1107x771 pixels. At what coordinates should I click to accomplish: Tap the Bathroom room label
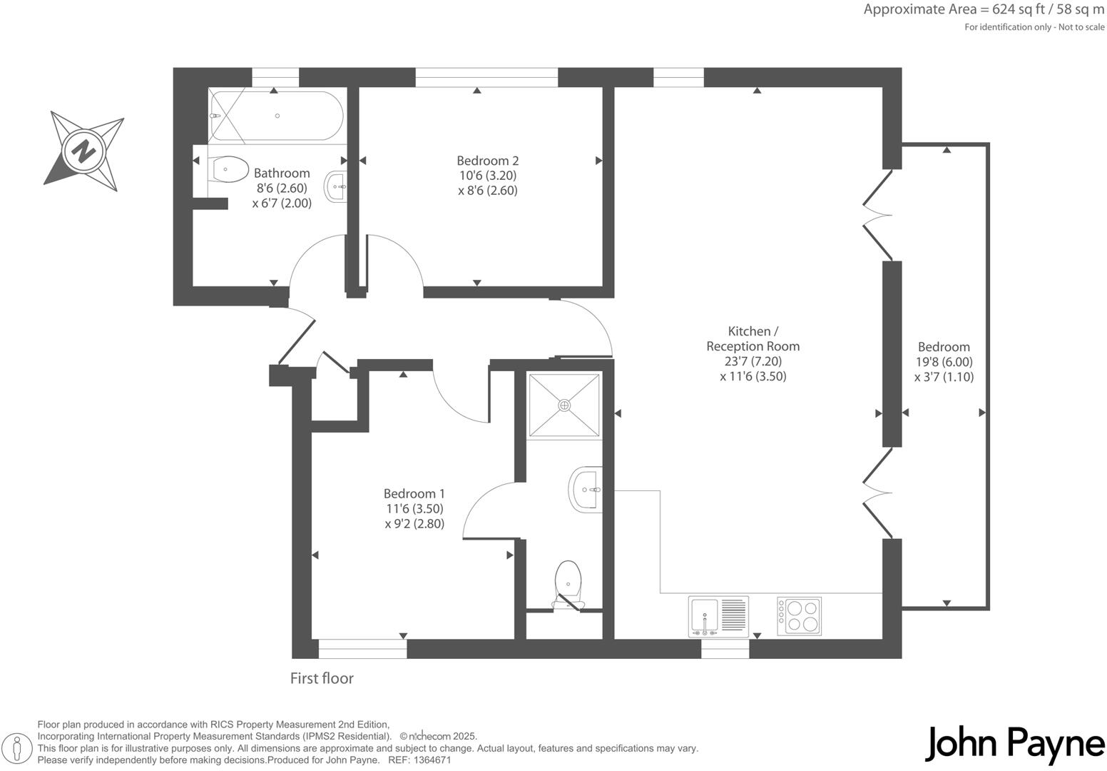tap(282, 173)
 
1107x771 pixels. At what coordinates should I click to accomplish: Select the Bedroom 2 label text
tap(487, 161)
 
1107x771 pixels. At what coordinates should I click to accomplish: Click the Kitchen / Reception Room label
tap(753, 339)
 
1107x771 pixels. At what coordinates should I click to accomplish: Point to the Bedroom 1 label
tap(414, 494)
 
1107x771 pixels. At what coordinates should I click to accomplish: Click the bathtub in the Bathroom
tap(277, 116)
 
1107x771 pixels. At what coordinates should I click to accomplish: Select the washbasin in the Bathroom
tap(336, 187)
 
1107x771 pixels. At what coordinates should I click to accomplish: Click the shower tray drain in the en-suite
tap(564, 405)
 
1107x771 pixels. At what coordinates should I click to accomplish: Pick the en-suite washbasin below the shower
tap(586, 490)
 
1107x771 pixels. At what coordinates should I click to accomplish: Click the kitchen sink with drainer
tap(718, 616)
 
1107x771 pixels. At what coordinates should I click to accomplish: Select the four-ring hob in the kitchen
tap(800, 616)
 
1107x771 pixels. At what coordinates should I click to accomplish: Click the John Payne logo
tap(1014, 745)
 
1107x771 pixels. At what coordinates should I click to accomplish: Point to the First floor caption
tap(322, 678)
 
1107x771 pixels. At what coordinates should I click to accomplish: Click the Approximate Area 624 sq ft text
tap(984, 10)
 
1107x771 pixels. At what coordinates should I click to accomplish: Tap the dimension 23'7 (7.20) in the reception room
tap(753, 361)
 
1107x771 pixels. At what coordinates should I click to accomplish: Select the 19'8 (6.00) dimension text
tap(944, 362)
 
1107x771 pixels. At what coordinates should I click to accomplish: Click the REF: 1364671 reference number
tap(419, 760)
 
